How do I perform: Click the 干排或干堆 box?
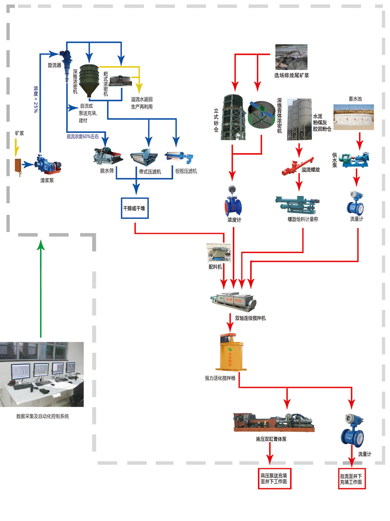point(134,208)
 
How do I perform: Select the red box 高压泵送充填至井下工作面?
point(274,478)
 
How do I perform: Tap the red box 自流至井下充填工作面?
point(351,478)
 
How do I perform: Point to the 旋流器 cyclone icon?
point(66,62)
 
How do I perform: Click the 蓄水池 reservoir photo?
point(353,117)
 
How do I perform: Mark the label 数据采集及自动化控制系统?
point(43,416)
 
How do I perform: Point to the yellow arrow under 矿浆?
point(16,150)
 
